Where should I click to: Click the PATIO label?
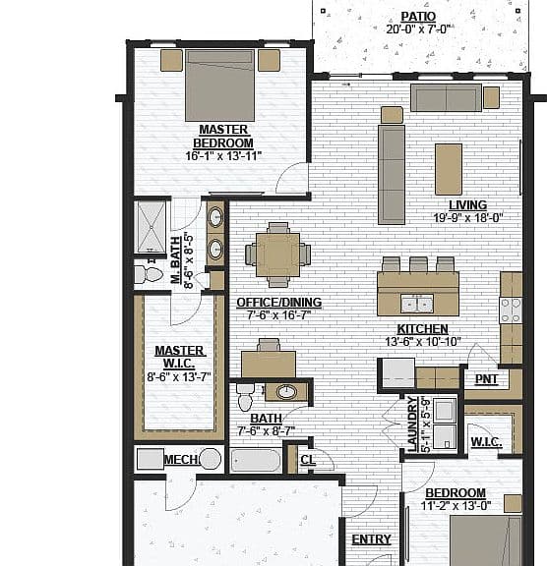coord(418,17)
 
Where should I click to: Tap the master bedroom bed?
coord(219,85)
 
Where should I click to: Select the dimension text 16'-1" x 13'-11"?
coord(223,156)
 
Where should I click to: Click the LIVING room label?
coord(468,205)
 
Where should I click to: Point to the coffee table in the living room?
coord(449,169)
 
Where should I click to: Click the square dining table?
coord(277,255)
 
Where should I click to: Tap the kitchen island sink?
coord(417,304)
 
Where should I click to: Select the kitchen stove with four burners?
coord(511,311)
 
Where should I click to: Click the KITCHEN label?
coord(423,329)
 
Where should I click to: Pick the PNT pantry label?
coord(486,379)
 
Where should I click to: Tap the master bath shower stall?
coord(151,227)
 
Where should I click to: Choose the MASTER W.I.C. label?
coord(180,357)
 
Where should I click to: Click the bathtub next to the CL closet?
coord(256,460)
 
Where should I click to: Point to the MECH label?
coord(181,460)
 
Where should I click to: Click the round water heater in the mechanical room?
coord(211,459)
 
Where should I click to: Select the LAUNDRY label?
coord(412,424)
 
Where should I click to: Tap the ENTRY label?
coord(372,539)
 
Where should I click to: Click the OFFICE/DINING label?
coord(279,302)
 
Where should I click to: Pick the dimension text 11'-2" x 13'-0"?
coord(456,506)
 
